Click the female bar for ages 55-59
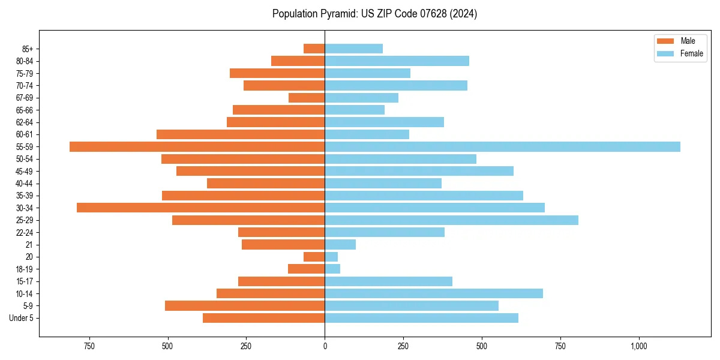pyautogui.click(x=502, y=146)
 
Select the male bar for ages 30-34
pyautogui.click(x=200, y=208)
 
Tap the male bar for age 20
pyautogui.click(x=314, y=257)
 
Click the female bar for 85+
pyautogui.click(x=353, y=49)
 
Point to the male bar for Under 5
pyautogui.click(x=263, y=318)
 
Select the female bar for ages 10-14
pyautogui.click(x=434, y=293)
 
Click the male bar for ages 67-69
pyautogui.click(x=307, y=98)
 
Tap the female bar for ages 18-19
pyautogui.click(x=332, y=269)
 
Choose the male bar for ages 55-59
pyautogui.click(x=197, y=146)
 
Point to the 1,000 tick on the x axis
pyautogui.click(x=639, y=346)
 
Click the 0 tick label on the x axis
pyautogui.click(x=325, y=346)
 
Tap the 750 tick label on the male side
pyautogui.click(x=89, y=346)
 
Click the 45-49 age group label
pyautogui.click(x=25, y=171)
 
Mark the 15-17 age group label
pyautogui.click(x=25, y=281)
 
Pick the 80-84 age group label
pyautogui.click(x=25, y=61)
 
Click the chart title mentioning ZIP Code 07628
pyautogui.click(x=374, y=14)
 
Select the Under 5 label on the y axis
pyautogui.click(x=22, y=318)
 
